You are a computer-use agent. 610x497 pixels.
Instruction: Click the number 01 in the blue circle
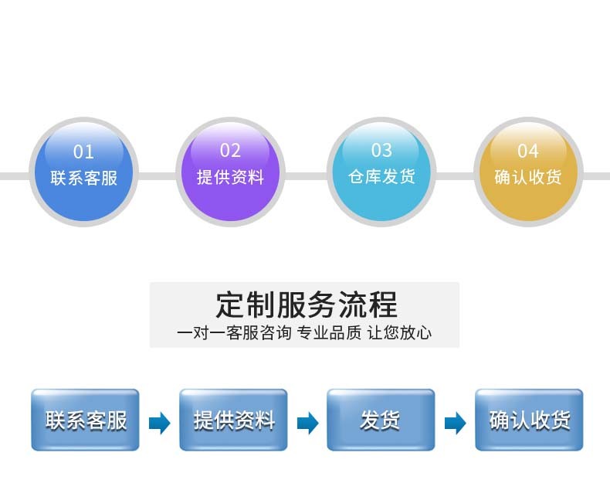coord(83,151)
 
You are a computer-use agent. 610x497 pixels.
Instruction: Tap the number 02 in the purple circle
coord(230,151)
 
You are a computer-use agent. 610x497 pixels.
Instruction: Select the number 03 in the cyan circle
coord(381,151)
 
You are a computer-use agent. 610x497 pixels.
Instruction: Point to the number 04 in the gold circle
coord(528,151)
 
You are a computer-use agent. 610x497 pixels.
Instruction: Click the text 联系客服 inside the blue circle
coord(83,178)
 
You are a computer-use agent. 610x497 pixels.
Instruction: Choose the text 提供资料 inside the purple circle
coord(230,177)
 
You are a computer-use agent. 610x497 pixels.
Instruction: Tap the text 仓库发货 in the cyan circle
coord(381,176)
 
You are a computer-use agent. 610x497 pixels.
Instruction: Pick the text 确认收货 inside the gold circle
coord(528,177)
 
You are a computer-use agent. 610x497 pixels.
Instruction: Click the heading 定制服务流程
coord(307,305)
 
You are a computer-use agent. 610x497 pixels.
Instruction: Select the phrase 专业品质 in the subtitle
coord(329,333)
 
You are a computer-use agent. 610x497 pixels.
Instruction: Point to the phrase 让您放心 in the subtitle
coord(399,333)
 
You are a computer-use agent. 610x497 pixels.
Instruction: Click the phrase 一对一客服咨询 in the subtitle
coord(234,333)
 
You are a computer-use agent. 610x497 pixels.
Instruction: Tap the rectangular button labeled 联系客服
coord(85,420)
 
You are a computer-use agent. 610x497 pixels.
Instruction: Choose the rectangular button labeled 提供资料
coord(233,420)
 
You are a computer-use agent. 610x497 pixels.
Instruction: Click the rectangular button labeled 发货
coord(381,420)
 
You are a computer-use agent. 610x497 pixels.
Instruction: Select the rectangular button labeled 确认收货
coord(529,420)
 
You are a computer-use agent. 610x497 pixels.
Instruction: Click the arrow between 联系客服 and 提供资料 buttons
coord(160,423)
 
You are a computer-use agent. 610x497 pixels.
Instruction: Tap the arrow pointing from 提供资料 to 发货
coord(308,423)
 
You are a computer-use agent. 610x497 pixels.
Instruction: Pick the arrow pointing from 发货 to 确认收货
coord(455,423)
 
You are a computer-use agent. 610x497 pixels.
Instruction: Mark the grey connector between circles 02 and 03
coord(307,176)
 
